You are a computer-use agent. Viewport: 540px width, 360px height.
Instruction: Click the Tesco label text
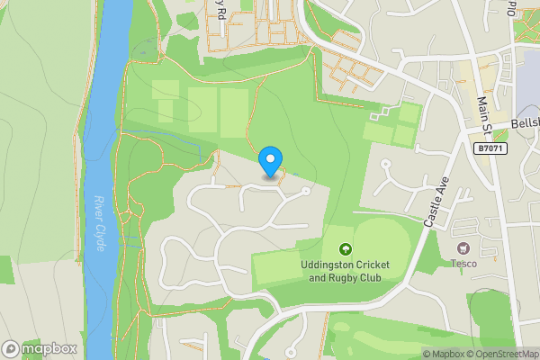tap(463, 264)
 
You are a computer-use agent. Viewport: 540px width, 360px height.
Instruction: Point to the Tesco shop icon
tap(463, 247)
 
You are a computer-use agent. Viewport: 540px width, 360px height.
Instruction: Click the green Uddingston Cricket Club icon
tap(344, 249)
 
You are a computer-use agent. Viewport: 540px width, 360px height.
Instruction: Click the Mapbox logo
tap(40, 348)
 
